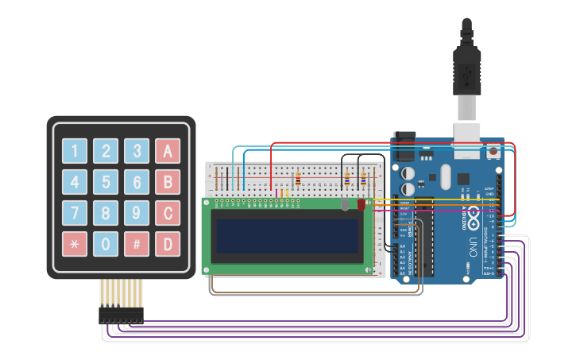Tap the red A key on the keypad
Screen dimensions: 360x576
pyautogui.click(x=168, y=151)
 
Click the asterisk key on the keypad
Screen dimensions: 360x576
pyautogui.click(x=75, y=244)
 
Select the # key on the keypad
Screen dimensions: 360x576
pyautogui.click(x=137, y=244)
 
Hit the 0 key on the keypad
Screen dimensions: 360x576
pyautogui.click(x=106, y=244)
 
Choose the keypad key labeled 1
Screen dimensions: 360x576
pyautogui.click(x=75, y=151)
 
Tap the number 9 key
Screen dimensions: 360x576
pyautogui.click(x=137, y=213)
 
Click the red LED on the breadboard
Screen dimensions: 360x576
pyautogui.click(x=361, y=204)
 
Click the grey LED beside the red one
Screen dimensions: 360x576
pyautogui.click(x=345, y=204)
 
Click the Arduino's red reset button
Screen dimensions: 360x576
pyautogui.click(x=494, y=149)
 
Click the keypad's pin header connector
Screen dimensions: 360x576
pyautogui.click(x=121, y=315)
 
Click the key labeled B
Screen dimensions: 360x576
pyautogui.click(x=168, y=182)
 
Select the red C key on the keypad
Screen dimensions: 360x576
pyautogui.click(x=168, y=213)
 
